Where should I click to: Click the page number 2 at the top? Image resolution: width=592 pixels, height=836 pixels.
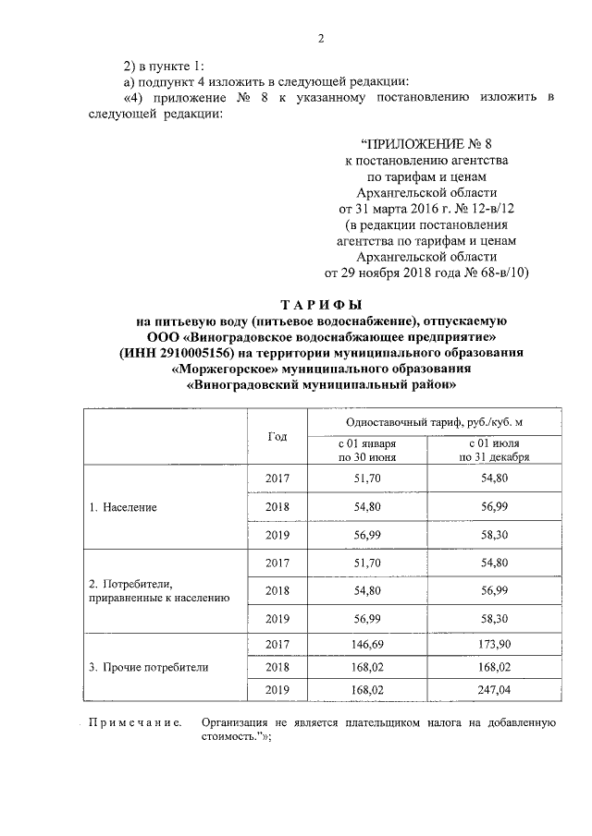(x=321, y=38)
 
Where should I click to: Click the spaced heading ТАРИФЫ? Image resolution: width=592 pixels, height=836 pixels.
(x=321, y=305)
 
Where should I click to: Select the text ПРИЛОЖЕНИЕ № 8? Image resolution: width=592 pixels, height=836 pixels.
(x=419, y=143)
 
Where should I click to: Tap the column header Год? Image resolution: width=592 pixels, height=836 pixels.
(x=277, y=436)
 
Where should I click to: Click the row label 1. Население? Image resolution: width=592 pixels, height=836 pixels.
(x=123, y=507)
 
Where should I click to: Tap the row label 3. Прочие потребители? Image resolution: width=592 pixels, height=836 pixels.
(x=148, y=666)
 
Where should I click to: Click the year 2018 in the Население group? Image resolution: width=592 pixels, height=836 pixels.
(x=277, y=507)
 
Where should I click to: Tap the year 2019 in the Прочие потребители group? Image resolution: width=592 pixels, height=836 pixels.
(x=277, y=688)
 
